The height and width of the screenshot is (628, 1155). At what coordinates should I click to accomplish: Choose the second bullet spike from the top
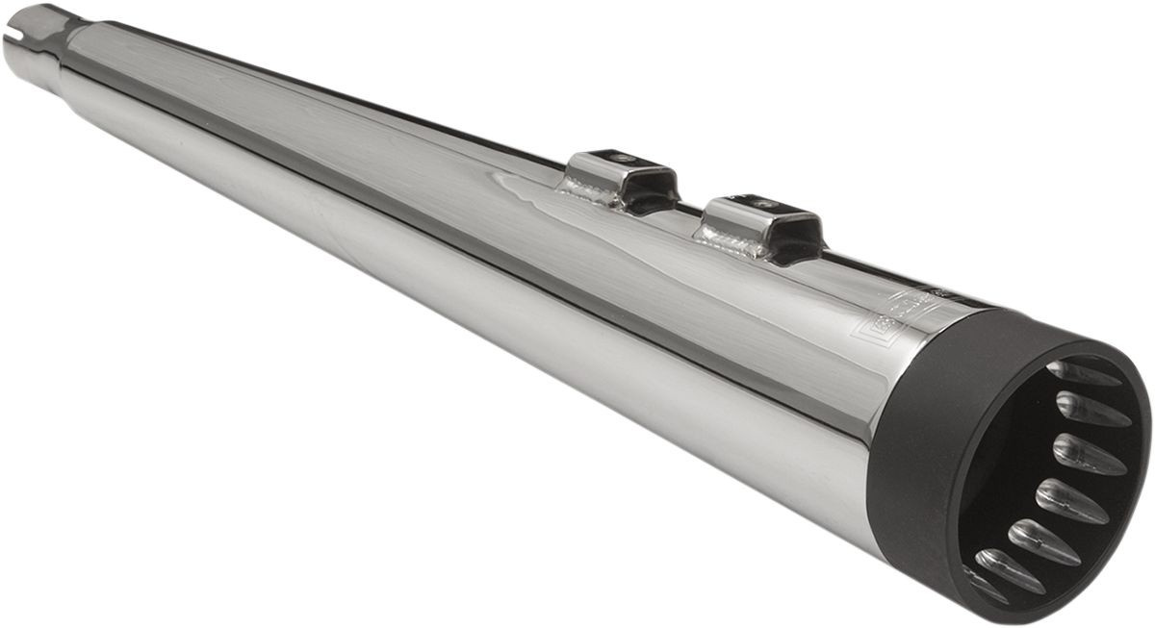pos(1092,410)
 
